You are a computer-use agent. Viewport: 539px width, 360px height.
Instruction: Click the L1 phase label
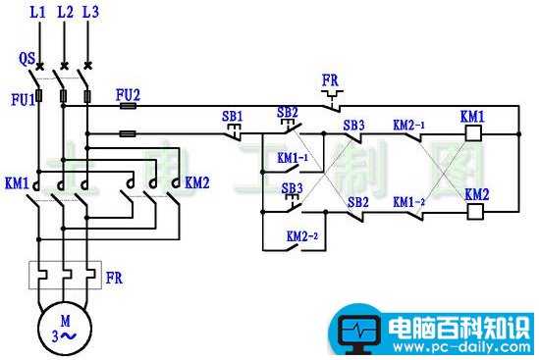[x=38, y=14]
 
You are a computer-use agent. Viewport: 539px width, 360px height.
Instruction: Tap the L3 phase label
[x=91, y=14]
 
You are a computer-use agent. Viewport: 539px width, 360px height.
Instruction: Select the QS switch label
[x=27, y=59]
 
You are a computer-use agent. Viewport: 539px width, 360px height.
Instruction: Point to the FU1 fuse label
[x=20, y=98]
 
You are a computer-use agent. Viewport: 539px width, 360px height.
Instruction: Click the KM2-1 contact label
[x=408, y=125]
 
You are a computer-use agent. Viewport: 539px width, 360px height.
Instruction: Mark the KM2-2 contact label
[x=301, y=236]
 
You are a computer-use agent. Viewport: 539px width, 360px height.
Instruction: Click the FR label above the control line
[x=329, y=78]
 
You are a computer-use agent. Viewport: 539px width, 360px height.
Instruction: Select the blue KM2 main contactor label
[x=197, y=182]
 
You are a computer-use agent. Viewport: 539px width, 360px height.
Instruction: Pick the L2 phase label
[x=65, y=14]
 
